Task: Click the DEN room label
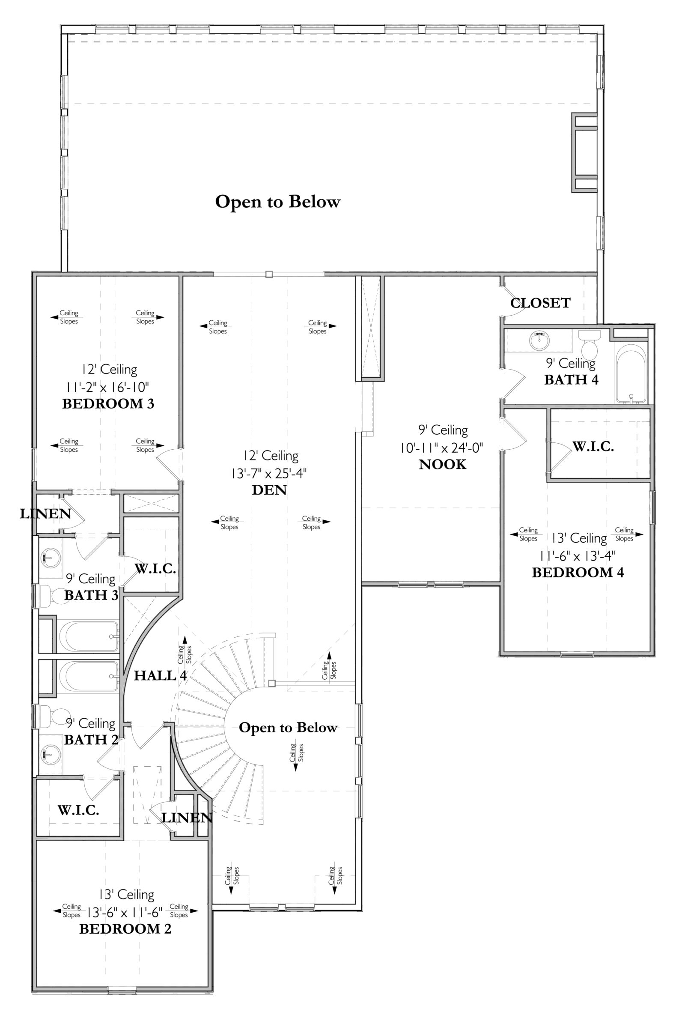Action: (x=269, y=490)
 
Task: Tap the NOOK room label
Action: (x=443, y=464)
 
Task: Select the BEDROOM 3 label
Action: (x=108, y=404)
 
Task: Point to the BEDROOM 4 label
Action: (x=578, y=572)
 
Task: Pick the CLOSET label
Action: (x=540, y=303)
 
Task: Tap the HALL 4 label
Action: (x=160, y=675)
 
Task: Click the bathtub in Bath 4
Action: (x=631, y=374)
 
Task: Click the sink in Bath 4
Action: (x=540, y=340)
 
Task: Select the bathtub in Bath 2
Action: (x=89, y=677)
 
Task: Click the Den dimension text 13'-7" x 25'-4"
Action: (x=269, y=474)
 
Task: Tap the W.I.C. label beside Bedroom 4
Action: (x=593, y=447)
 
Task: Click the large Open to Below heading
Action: (x=277, y=202)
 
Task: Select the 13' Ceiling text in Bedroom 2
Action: (x=127, y=895)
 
